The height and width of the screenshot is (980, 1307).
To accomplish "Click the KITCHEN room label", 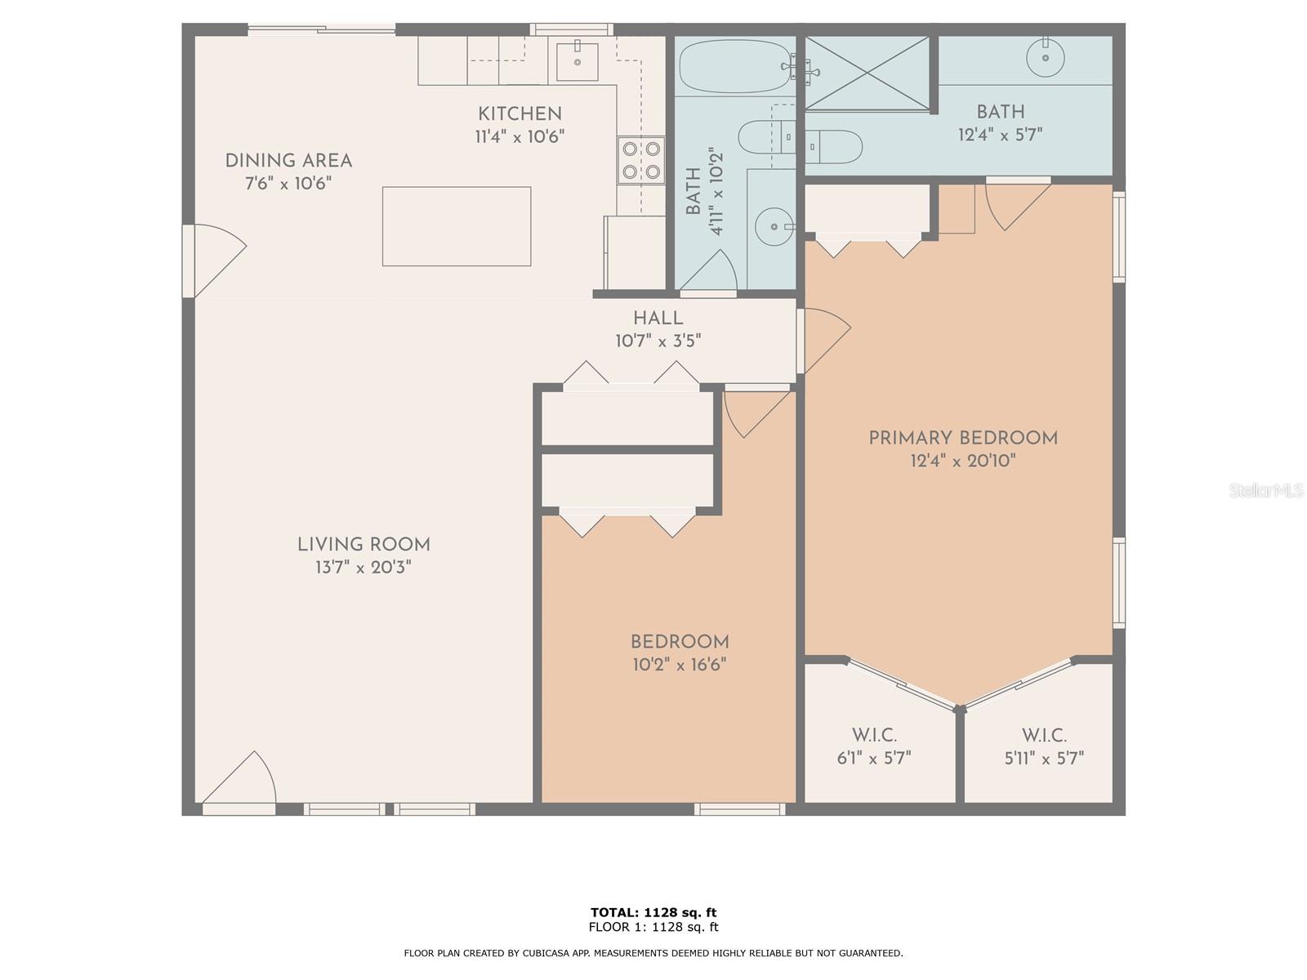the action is point(520,114).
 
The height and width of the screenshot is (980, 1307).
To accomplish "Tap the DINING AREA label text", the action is point(289,161).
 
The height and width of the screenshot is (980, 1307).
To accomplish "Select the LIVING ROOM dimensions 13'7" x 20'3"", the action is point(364,567).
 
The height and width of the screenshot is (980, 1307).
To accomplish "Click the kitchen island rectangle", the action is point(457,226).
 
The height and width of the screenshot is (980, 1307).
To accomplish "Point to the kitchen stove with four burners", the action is point(641,160).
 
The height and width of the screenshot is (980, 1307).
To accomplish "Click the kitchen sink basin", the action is point(577,61).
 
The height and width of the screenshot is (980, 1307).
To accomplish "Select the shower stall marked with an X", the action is point(867,73).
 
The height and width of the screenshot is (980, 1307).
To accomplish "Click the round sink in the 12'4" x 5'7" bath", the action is point(1046,58).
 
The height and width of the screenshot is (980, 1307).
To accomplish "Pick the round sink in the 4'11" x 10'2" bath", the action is point(774,227).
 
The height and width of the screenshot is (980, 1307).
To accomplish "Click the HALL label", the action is point(658,318).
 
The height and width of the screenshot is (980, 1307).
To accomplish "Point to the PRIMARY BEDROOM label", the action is point(963,438).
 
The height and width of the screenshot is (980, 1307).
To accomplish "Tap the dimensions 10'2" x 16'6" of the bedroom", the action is point(680,664).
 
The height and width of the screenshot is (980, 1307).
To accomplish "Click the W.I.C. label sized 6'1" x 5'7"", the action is point(874,746).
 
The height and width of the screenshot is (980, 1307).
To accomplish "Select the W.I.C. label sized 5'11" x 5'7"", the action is point(1044,746).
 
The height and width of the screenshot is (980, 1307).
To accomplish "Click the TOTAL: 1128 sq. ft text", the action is point(653,912).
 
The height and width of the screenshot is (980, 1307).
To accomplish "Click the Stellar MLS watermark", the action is point(1266,490).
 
